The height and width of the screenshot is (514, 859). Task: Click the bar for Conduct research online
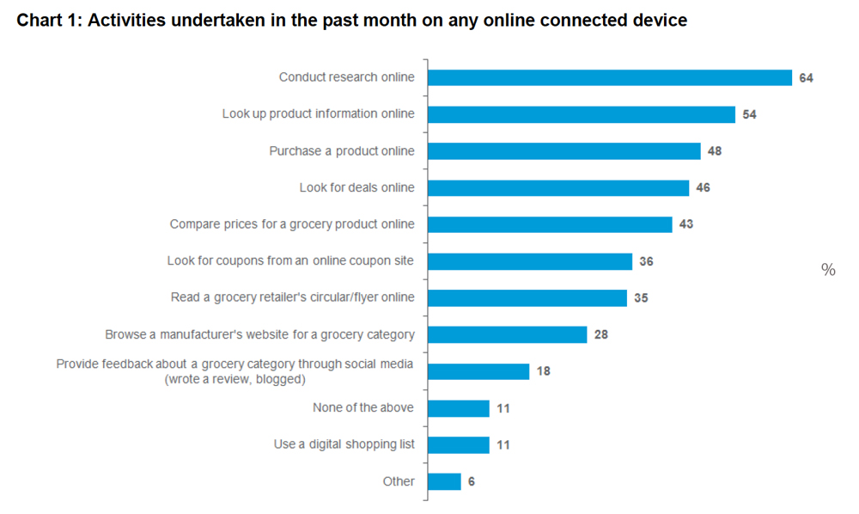[609, 77]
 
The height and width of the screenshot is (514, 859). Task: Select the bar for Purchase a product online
[564, 151]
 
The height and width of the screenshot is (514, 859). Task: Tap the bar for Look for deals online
[557, 187]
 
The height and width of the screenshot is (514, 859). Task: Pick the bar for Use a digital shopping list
[458, 444]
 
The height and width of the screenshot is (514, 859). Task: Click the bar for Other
[443, 481]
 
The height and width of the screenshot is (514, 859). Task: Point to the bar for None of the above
[458, 408]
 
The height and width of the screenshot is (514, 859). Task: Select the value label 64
[806, 78]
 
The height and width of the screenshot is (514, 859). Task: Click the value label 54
[749, 114]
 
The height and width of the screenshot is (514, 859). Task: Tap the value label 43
[685, 224]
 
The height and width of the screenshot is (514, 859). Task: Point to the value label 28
[600, 334]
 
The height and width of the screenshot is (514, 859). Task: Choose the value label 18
[543, 371]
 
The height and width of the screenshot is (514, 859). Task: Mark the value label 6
[472, 482]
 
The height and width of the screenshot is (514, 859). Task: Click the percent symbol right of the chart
[828, 270]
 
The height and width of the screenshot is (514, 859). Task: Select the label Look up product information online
[318, 114]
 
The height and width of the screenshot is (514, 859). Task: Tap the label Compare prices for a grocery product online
[292, 224]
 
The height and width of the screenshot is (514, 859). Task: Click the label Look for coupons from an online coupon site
[290, 260]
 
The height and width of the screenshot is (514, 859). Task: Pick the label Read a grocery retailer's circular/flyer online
[293, 297]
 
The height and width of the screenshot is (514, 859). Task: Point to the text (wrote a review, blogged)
[235, 379]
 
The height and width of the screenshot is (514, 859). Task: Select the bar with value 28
[507, 334]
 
